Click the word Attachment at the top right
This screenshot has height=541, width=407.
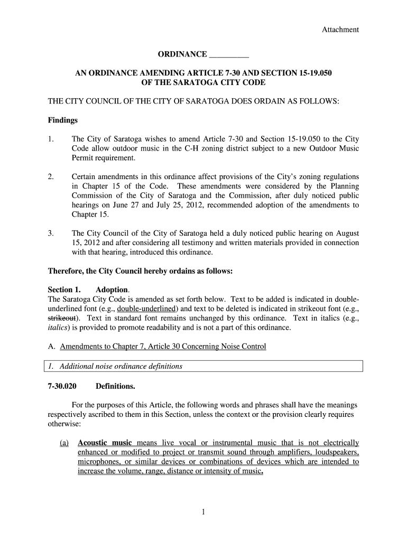click(340, 30)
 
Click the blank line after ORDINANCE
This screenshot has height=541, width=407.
click(229, 55)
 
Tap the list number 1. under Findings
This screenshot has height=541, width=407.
click(51, 139)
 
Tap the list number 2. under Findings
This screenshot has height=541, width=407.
click(51, 176)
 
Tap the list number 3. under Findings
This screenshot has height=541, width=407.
click(51, 233)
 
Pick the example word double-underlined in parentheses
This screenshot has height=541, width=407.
click(147, 309)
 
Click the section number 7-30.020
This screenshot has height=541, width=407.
click(62, 386)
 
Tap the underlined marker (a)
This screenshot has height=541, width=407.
click(65, 443)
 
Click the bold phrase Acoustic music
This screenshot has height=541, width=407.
click(105, 443)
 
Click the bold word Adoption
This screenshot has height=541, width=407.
click(112, 290)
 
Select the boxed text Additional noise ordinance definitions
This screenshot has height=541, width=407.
click(121, 366)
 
